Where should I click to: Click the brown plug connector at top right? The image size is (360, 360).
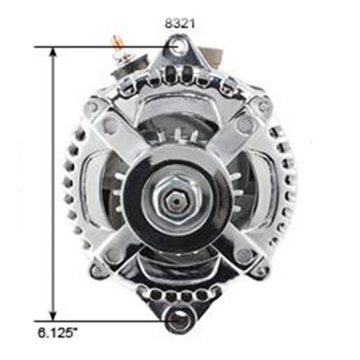click(x=212, y=56)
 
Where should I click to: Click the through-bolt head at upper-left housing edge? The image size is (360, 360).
click(x=93, y=106)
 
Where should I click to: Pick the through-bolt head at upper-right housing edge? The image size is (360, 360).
click(x=263, y=106)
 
